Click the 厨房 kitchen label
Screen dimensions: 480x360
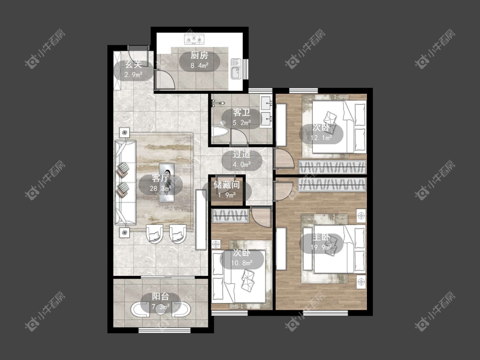click(x=199, y=55)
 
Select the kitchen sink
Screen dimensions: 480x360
click(x=236, y=69)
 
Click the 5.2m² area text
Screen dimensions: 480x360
click(x=242, y=123)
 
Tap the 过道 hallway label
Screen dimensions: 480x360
click(x=242, y=154)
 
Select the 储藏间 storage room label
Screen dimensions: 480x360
click(x=227, y=185)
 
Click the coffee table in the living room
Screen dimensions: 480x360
click(x=166, y=183)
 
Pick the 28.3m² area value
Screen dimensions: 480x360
click(x=160, y=189)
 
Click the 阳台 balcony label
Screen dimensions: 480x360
click(x=161, y=296)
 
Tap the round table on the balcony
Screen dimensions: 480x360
click(x=161, y=309)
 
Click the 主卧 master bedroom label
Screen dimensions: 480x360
click(x=321, y=237)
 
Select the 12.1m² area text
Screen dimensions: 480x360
click(x=321, y=138)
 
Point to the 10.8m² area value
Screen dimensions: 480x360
click(x=242, y=263)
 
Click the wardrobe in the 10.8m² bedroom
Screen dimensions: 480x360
click(x=230, y=216)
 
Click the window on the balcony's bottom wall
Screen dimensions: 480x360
click(x=164, y=330)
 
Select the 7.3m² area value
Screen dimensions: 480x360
click(x=161, y=306)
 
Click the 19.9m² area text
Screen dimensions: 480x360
click(x=321, y=247)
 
